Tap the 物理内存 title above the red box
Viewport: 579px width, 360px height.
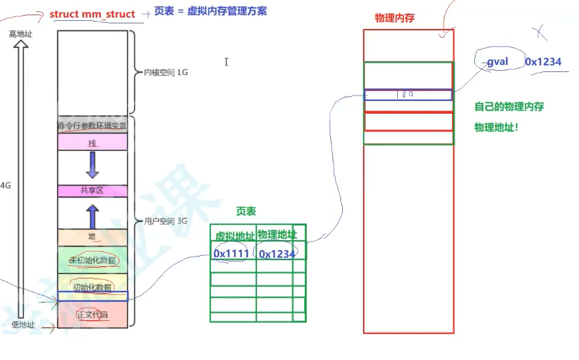[x=395, y=18]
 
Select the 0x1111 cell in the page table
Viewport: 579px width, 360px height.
[x=231, y=253]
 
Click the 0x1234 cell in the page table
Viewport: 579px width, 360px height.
[x=277, y=253]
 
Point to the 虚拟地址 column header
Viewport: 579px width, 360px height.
[x=234, y=236]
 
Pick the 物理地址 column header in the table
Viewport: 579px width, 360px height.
[x=277, y=234]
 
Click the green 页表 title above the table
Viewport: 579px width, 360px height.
[x=246, y=212]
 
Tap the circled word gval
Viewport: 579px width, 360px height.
[x=498, y=62]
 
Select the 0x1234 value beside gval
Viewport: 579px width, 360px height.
[x=542, y=62]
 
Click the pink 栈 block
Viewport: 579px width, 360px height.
[x=92, y=143]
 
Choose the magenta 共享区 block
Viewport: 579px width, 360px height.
[x=92, y=191]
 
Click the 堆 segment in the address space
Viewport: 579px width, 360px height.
[x=92, y=237]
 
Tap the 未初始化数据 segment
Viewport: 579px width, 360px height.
[x=92, y=260]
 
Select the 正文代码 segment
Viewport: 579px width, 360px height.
[x=92, y=314]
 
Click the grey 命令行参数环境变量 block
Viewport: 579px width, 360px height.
[x=92, y=125]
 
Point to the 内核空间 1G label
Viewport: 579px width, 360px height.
[x=165, y=73]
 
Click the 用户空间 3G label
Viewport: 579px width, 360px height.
[x=165, y=221]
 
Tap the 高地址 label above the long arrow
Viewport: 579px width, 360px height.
[x=20, y=33]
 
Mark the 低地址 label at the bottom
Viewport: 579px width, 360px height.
[x=23, y=324]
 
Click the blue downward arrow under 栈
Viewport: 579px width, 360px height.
[x=92, y=164]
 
